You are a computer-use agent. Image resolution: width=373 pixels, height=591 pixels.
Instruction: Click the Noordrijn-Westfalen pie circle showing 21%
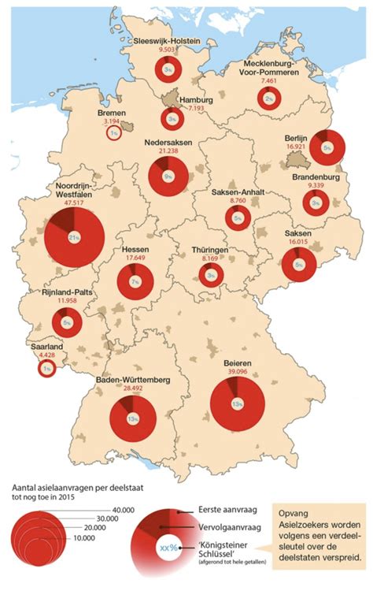coord(75,238)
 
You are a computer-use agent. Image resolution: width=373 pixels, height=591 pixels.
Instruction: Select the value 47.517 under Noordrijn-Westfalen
coord(71,202)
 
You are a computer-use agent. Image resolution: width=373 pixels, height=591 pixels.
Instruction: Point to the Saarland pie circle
coord(47,368)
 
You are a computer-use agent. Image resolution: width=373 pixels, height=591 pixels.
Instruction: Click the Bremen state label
coord(111,113)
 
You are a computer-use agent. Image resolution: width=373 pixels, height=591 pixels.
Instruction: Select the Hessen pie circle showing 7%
coord(135,281)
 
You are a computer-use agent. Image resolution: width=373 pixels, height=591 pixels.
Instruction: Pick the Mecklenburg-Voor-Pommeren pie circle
coord(269,98)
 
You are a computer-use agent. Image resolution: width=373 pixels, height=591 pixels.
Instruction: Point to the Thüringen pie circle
coord(210,276)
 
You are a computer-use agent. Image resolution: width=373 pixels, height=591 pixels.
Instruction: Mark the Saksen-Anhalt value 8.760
coord(238,202)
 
